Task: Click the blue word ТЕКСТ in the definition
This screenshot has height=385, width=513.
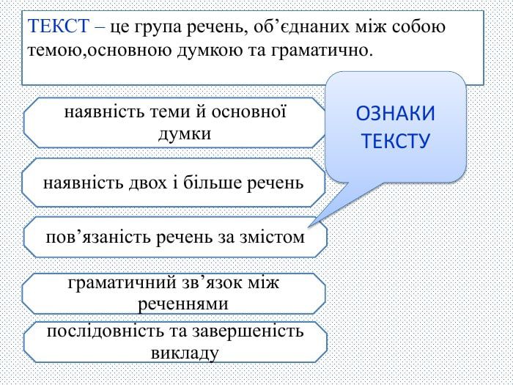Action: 58,26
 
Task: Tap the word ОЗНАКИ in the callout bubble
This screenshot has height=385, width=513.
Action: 395,114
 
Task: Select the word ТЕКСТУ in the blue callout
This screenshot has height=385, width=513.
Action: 396,141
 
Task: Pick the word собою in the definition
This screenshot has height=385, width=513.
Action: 418,26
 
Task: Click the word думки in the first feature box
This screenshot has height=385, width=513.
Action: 185,134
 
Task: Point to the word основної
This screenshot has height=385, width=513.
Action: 249,111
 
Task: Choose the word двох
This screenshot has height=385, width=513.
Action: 147,183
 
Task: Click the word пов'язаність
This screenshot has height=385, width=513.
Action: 98,238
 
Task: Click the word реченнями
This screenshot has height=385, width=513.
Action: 183,304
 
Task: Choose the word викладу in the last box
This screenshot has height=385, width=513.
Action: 185,353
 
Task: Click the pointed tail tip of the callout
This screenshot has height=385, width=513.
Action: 309,226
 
